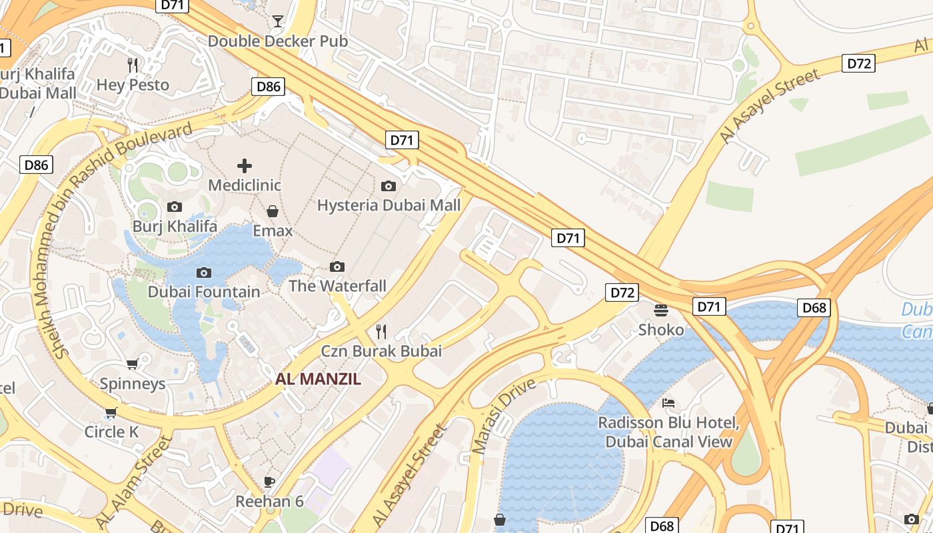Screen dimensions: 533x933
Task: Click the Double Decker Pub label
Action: [x=278, y=41]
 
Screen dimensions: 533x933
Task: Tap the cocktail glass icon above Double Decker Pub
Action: [x=278, y=21]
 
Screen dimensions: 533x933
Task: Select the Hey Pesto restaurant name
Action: [x=133, y=85]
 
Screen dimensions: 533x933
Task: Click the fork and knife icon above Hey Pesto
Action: [x=133, y=65]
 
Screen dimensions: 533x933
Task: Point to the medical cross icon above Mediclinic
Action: [x=245, y=165]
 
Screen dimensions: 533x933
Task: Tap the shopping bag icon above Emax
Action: [x=273, y=211]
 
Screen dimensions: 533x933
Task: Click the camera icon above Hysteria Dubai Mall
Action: [x=389, y=186]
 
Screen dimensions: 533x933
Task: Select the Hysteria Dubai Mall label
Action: [x=389, y=205]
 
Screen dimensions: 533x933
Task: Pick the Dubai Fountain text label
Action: [x=204, y=292]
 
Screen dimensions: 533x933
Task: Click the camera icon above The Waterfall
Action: [x=337, y=266]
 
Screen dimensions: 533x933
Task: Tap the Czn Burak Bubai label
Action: [x=381, y=351]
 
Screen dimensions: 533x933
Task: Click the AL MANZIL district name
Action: [x=319, y=379]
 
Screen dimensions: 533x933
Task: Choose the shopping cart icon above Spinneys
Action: [x=133, y=364]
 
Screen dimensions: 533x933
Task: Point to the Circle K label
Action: [x=111, y=432]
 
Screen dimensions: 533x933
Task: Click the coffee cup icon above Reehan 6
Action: [x=269, y=481]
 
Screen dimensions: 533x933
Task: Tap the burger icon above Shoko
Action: [x=661, y=310]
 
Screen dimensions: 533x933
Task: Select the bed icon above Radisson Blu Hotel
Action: [x=668, y=403]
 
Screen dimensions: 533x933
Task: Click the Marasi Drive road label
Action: [x=504, y=416]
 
